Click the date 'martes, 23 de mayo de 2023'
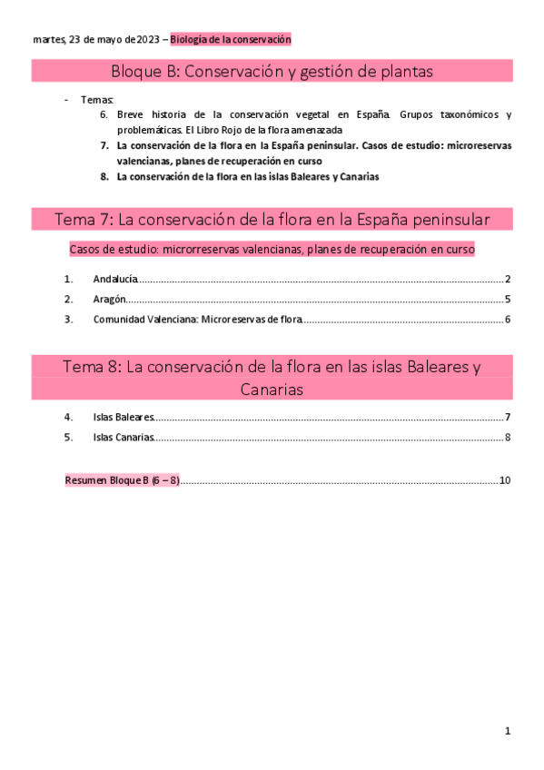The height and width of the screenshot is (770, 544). (95, 40)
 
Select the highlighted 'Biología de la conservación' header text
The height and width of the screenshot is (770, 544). (231, 40)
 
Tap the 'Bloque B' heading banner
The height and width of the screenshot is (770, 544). (272, 71)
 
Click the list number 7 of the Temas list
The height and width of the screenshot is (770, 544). (104, 144)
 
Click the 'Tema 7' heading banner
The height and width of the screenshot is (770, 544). (272, 220)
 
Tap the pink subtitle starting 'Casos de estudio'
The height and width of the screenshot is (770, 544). (272, 249)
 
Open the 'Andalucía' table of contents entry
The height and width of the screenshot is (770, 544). (115, 280)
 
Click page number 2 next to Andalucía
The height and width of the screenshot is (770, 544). (509, 280)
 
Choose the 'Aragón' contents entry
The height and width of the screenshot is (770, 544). (109, 300)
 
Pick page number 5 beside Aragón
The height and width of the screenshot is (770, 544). (509, 300)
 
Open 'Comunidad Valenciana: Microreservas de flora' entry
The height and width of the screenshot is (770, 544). (197, 320)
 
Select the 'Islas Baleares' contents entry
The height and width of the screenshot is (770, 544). (124, 418)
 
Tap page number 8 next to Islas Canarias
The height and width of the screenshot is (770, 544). (509, 438)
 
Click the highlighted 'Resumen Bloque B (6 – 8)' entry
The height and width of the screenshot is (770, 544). (122, 480)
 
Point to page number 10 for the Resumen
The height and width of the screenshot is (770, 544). (506, 480)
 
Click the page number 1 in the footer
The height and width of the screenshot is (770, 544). (509, 731)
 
